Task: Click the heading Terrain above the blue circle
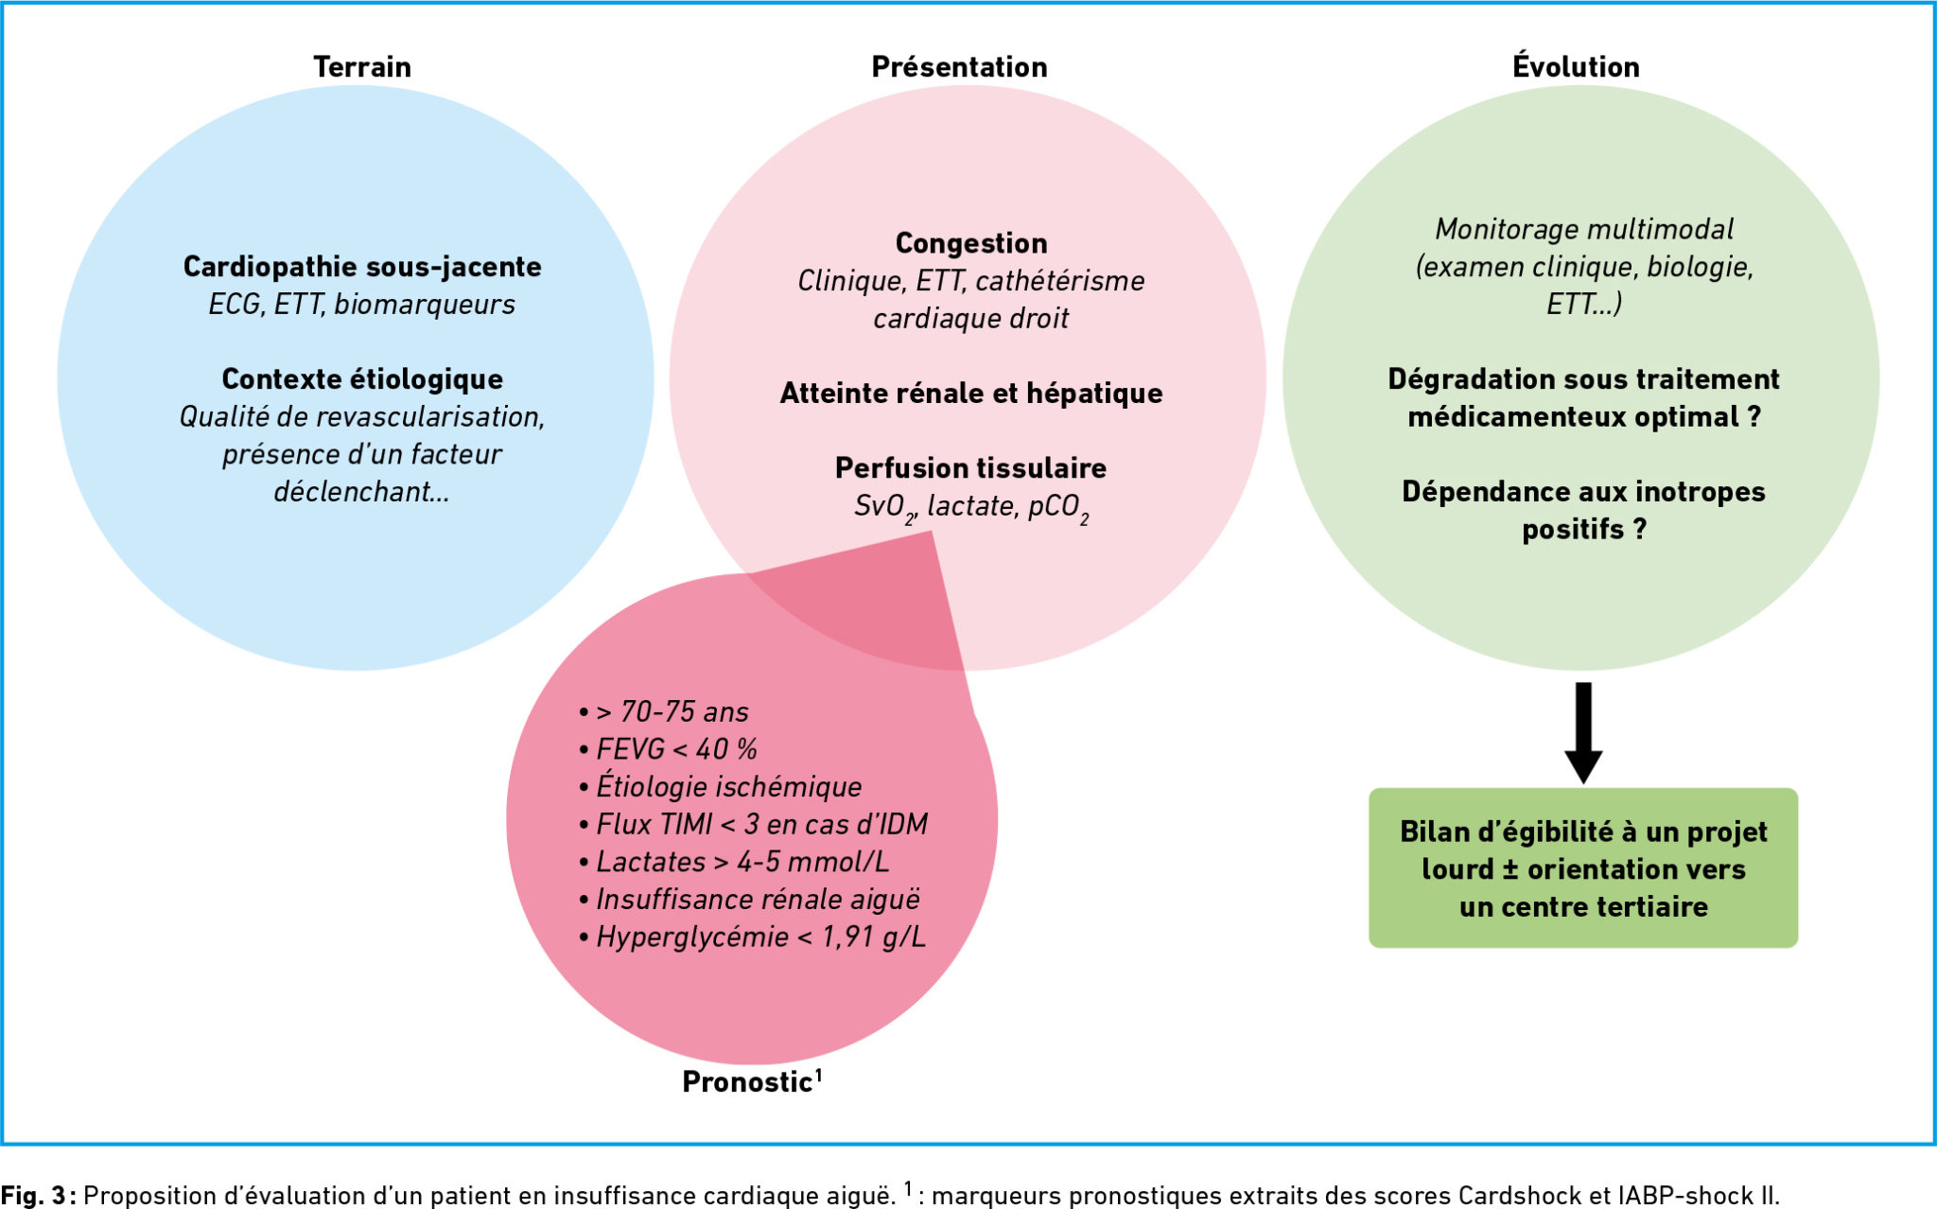pyautogui.click(x=362, y=67)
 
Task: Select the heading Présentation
pyautogui.click(x=959, y=67)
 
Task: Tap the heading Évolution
pyautogui.click(x=1576, y=65)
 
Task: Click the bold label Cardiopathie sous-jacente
pyautogui.click(x=362, y=267)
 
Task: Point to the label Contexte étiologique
pyautogui.click(x=362, y=379)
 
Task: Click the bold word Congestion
pyautogui.click(x=971, y=244)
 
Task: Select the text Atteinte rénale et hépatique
pyautogui.click(x=971, y=394)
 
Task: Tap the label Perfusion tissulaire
pyautogui.click(x=971, y=468)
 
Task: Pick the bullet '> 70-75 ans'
pyautogui.click(x=664, y=711)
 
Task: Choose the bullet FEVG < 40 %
pyautogui.click(x=668, y=749)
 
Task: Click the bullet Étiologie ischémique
pyautogui.click(x=721, y=786)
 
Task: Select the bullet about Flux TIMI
pyautogui.click(x=753, y=824)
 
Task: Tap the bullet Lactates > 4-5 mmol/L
pyautogui.click(x=734, y=862)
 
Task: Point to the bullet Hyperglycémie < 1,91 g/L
pyautogui.click(x=752, y=937)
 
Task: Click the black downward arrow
pyautogui.click(x=1583, y=732)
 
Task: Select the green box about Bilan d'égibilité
pyautogui.click(x=1583, y=868)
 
